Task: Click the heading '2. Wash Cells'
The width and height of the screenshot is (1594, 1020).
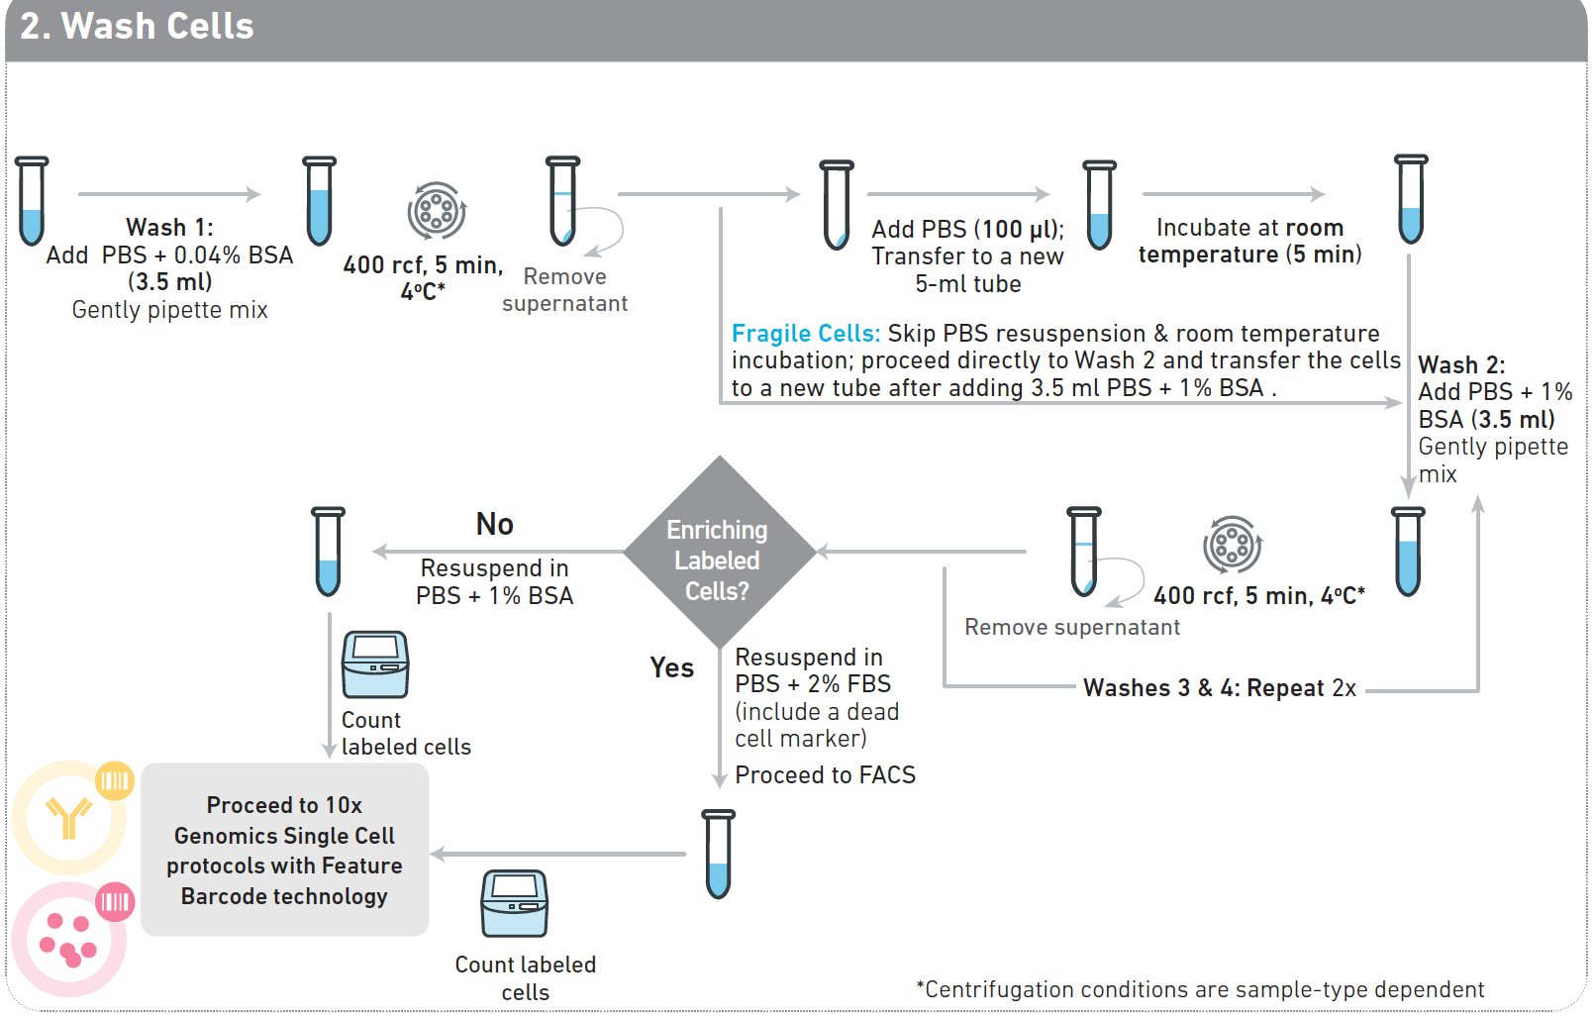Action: [138, 27]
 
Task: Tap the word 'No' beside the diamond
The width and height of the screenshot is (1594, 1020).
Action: [494, 524]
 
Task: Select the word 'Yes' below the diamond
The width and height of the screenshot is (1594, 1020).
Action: [671, 667]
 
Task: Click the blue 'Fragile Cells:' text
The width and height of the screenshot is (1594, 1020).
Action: [805, 334]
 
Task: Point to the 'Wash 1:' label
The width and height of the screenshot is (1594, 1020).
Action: [169, 228]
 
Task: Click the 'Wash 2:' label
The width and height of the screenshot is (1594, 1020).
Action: [1460, 365]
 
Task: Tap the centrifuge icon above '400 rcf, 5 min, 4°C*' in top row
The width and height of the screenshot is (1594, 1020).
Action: [436, 210]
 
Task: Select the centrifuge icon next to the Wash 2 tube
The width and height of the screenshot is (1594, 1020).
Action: [1232, 544]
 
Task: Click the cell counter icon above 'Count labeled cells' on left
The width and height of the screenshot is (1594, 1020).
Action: [374, 664]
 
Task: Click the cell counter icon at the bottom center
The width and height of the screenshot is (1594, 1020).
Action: [514, 903]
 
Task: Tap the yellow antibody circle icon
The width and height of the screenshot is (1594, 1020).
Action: [69, 817]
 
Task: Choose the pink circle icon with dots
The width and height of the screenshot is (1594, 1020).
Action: [69, 939]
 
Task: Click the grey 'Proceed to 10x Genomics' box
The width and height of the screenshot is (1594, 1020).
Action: [284, 850]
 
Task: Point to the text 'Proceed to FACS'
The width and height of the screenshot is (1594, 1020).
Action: [825, 775]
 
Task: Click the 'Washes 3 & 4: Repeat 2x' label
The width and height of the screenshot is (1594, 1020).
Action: [1219, 688]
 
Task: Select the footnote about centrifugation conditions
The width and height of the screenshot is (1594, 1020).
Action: [1199, 989]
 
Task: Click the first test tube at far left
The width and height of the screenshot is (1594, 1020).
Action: [32, 200]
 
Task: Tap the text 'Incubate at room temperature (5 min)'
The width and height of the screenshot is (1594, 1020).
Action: [1249, 242]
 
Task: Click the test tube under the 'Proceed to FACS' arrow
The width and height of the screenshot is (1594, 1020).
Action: [718, 853]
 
